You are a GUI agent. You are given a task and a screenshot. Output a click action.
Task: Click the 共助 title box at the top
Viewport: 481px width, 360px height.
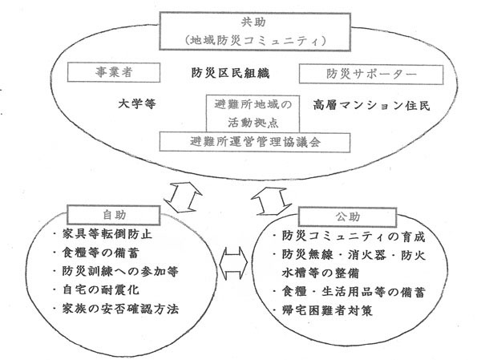[x=255, y=31]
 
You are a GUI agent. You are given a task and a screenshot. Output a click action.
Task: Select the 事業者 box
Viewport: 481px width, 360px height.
[x=114, y=72]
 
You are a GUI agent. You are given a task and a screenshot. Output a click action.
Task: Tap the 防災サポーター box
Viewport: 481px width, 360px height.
[x=371, y=74]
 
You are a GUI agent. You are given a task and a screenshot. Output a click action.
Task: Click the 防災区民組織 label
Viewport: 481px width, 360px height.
[x=230, y=73]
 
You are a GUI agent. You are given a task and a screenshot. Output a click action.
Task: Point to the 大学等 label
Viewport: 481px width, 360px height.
[x=137, y=103]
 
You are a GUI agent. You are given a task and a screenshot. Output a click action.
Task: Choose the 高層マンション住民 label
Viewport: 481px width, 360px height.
[x=371, y=105]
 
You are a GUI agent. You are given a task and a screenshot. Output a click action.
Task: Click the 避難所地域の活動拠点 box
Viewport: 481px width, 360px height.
[x=253, y=114]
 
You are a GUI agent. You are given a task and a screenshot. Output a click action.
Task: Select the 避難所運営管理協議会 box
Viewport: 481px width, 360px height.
[x=255, y=142]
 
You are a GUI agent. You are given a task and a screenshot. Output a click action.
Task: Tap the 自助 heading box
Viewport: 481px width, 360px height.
[x=114, y=215]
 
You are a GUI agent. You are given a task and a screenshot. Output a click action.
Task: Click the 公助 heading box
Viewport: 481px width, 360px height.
[x=348, y=216]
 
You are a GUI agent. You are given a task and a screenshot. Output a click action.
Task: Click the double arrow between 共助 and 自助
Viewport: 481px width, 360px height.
[x=183, y=197]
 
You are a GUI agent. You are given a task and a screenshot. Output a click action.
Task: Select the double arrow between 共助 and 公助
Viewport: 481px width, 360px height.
[x=272, y=201]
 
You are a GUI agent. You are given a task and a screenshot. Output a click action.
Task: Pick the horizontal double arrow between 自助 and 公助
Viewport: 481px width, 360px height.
[x=234, y=263]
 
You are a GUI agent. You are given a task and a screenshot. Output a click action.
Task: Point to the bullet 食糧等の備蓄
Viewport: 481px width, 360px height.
[x=95, y=253]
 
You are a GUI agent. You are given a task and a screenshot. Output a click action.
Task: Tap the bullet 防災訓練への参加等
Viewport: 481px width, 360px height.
[x=115, y=271]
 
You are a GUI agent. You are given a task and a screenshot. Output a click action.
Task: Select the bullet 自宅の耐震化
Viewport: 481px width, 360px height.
[x=95, y=289]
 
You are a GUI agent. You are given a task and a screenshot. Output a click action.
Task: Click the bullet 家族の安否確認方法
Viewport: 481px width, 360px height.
[x=115, y=309]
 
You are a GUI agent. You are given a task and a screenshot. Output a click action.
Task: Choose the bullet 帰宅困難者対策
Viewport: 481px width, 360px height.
[x=323, y=310]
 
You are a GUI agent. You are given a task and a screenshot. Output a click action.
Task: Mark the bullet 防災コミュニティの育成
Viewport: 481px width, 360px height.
[x=349, y=237]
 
